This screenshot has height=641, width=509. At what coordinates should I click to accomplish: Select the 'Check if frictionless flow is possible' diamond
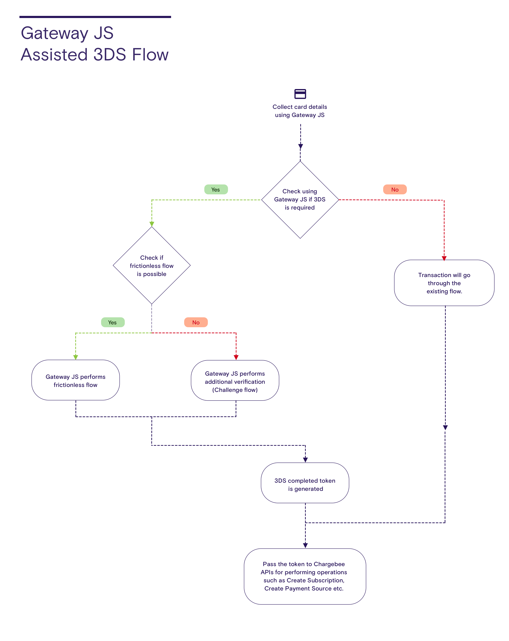[151, 266]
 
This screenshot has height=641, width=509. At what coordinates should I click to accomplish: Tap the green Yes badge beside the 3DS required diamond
[216, 189]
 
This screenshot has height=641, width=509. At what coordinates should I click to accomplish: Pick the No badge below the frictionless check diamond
[196, 322]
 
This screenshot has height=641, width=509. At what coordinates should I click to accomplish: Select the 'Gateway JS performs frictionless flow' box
[76, 380]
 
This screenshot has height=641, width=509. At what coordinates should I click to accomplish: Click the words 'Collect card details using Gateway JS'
[300, 111]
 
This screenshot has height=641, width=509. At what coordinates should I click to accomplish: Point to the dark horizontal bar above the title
[95, 17]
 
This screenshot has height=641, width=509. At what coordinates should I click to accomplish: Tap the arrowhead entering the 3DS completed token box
[305, 460]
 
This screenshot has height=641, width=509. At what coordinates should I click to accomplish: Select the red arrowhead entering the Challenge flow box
[236, 357]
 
